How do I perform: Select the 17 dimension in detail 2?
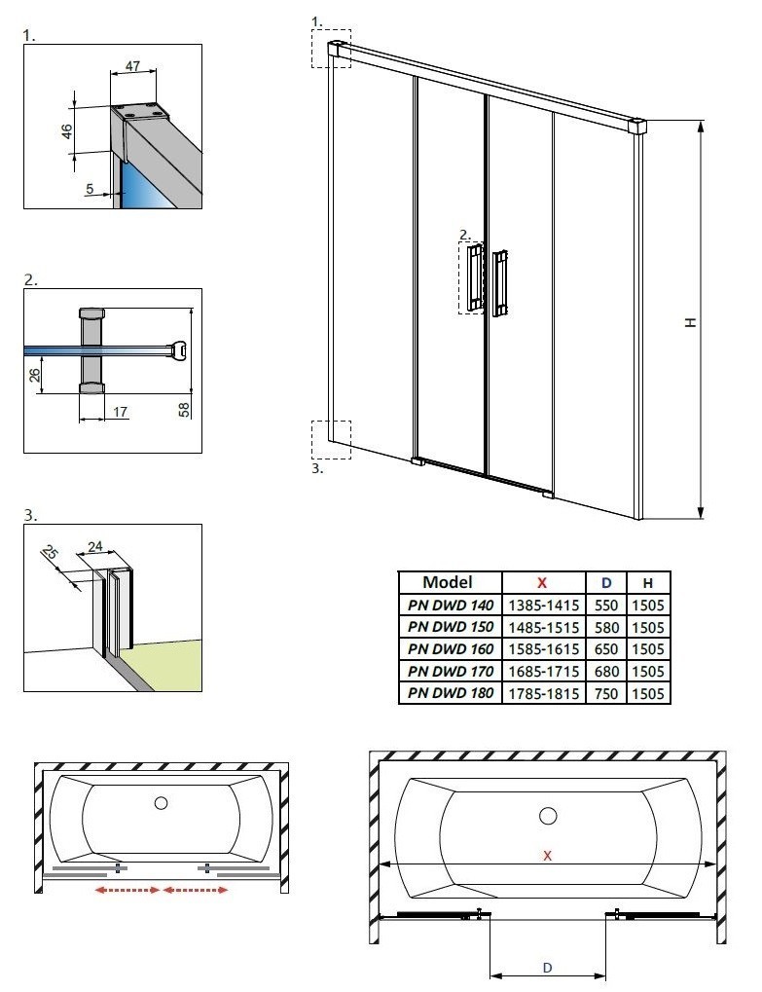120,412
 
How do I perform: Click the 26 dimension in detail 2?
35,374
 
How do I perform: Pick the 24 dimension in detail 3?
94,547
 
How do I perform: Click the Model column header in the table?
448,582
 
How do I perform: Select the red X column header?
543,582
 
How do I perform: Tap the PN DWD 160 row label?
451,648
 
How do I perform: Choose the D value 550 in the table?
606,605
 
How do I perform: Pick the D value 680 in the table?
606,671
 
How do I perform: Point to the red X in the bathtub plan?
548,855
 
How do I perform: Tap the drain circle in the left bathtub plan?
161,803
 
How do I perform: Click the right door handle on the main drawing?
500,283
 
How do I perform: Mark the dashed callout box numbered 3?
331,439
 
